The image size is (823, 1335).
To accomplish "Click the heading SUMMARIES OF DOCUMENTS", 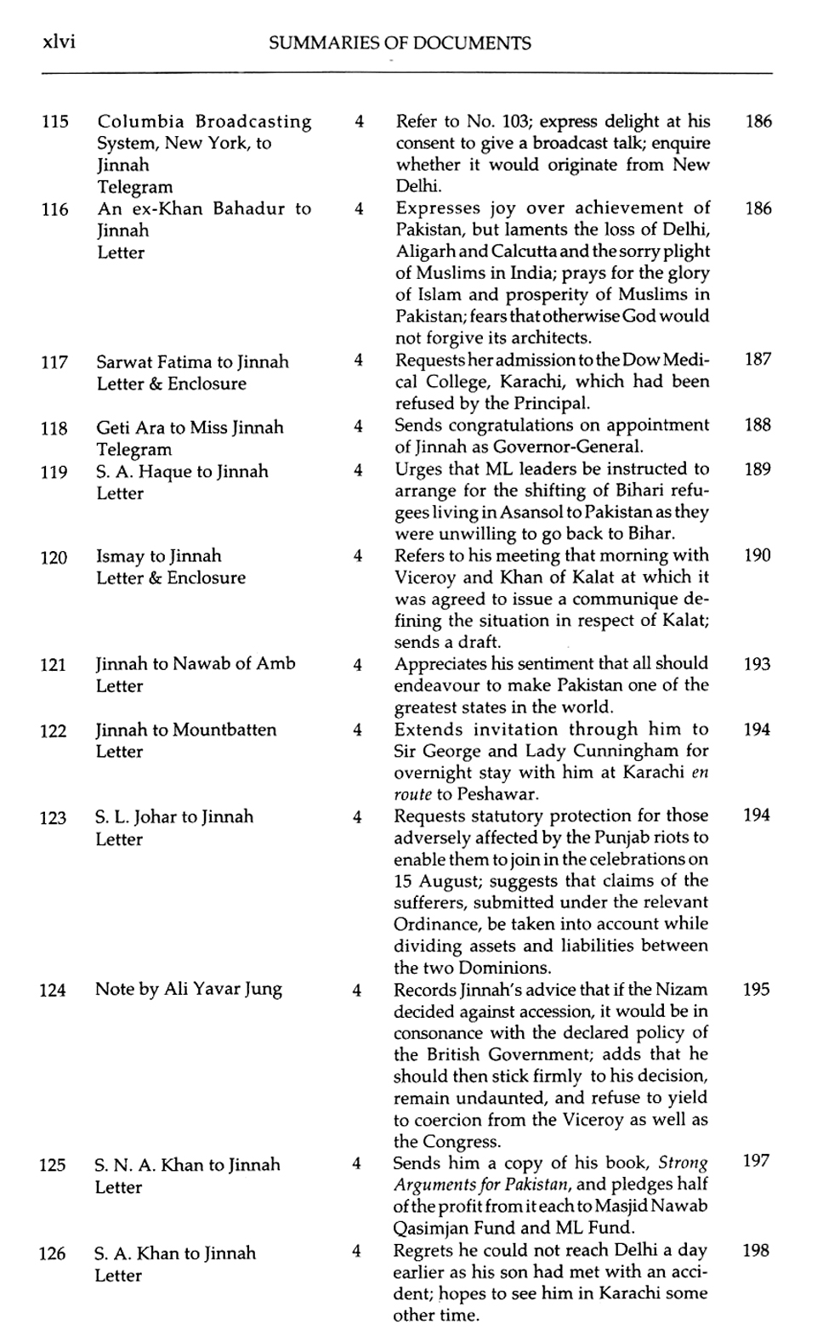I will pos(400,43).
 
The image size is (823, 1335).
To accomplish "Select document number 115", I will pos(55,122).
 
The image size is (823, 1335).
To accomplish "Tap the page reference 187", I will pos(758,359).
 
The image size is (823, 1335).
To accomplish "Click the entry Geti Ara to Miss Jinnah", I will pos(190,428).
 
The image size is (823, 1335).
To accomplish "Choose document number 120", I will pos(54,557).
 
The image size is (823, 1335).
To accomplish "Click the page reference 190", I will pos(757,555).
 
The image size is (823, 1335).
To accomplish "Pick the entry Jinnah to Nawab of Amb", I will pos(196,664).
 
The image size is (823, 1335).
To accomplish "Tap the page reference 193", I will pos(757,664).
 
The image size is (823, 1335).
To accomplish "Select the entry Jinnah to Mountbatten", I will pos(185,730).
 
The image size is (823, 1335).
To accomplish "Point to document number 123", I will pos(53,818).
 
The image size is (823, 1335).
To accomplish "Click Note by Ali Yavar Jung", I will pos(189,989).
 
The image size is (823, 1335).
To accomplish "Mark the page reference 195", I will pos(756,990).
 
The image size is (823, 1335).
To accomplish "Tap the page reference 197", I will pos(756,1162).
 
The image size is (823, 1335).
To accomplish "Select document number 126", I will pos(52,1253).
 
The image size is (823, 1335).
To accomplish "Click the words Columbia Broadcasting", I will pos(204,122).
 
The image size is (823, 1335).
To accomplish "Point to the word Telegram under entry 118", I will pos(133,450).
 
